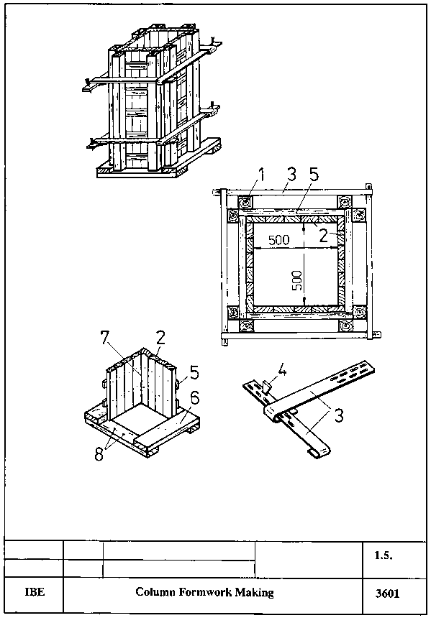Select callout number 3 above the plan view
point(291,175)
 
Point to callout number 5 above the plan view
point(314,175)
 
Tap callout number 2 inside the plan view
point(324,235)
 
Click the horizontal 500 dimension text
point(279,240)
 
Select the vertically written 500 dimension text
point(298,280)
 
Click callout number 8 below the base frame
point(99,454)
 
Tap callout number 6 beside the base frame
point(194,398)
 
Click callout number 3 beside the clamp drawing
point(339,415)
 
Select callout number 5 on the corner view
point(194,372)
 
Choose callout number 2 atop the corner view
point(160,338)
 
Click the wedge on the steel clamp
point(268,387)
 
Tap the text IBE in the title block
point(35,593)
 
